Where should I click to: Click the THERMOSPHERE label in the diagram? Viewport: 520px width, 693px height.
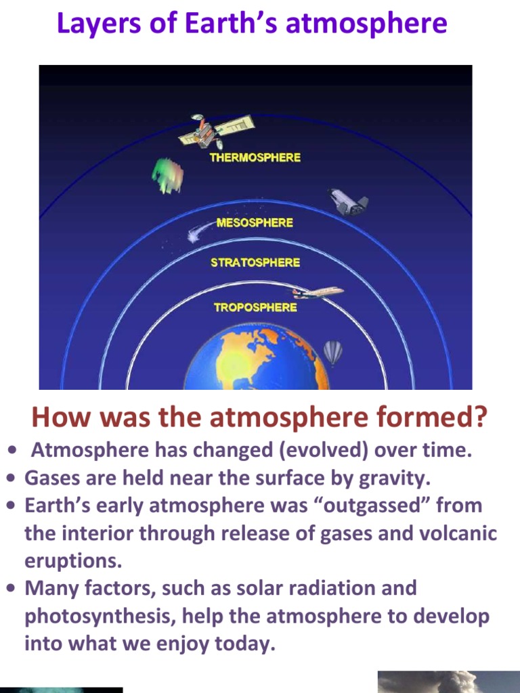(255, 157)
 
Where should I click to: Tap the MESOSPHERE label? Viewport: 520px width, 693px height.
(255, 223)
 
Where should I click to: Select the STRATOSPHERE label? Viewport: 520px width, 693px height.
(255, 263)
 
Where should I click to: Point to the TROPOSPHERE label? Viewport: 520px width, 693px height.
(255, 307)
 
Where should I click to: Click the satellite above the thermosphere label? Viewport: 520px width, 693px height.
(215, 131)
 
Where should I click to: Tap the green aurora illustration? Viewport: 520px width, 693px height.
(167, 175)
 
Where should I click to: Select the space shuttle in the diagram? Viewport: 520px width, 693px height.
(348, 201)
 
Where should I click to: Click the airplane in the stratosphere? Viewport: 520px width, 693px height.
(318, 292)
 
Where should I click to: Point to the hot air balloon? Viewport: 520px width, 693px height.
(332, 352)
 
